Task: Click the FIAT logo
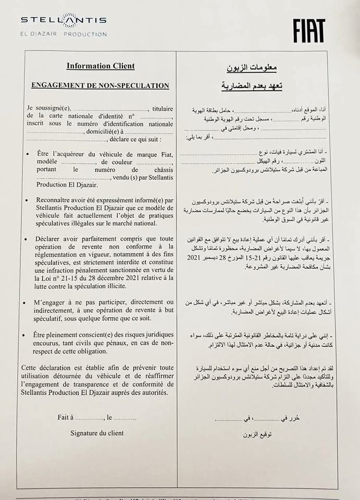click(x=309, y=30)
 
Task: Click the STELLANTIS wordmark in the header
click(x=64, y=20)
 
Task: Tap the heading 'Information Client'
click(x=101, y=66)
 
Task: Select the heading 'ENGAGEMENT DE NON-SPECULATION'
click(x=101, y=85)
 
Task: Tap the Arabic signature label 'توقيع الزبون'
click(x=252, y=434)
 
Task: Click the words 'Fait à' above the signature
click(x=65, y=417)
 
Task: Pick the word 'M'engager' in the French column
click(x=53, y=302)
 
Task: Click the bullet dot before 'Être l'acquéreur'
click(x=27, y=154)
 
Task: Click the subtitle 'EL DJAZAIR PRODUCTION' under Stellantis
click(x=64, y=34)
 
